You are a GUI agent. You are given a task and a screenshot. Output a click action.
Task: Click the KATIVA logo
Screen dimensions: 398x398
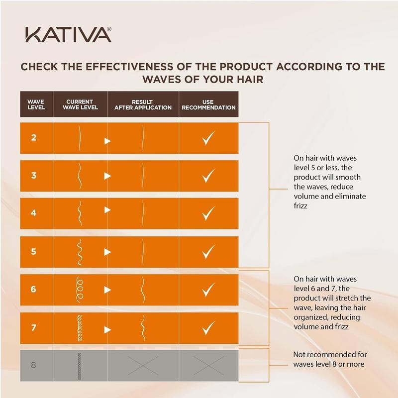(x=68, y=35)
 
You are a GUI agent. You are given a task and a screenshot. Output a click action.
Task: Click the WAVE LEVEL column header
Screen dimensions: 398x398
(x=36, y=104)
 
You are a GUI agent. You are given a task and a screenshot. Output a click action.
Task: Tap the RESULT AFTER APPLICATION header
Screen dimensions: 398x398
(x=143, y=104)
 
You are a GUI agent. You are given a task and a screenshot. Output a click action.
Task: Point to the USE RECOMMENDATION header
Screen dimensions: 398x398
(x=208, y=104)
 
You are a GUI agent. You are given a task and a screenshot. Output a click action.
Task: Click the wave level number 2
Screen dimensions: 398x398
(x=34, y=138)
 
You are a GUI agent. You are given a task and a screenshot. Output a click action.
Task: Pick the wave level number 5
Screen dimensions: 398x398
(x=34, y=251)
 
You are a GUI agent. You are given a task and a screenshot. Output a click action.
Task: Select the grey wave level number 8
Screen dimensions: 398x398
(x=34, y=365)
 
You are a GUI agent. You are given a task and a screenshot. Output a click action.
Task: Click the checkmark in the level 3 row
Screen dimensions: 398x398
(x=208, y=176)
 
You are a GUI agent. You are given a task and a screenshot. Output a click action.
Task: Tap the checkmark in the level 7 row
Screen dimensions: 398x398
(x=208, y=329)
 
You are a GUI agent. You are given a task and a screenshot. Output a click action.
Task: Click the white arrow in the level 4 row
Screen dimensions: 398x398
(x=107, y=210)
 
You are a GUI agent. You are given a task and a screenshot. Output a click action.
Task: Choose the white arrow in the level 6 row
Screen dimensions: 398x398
(x=107, y=290)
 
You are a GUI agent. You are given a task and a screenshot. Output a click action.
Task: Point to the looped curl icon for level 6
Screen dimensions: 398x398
(x=79, y=289)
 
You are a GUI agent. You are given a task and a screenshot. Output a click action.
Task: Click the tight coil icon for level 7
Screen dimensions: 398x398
(x=79, y=328)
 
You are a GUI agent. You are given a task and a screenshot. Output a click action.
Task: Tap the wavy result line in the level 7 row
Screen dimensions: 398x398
(x=143, y=328)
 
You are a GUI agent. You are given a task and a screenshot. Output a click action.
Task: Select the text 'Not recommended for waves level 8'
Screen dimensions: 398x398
(x=330, y=359)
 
